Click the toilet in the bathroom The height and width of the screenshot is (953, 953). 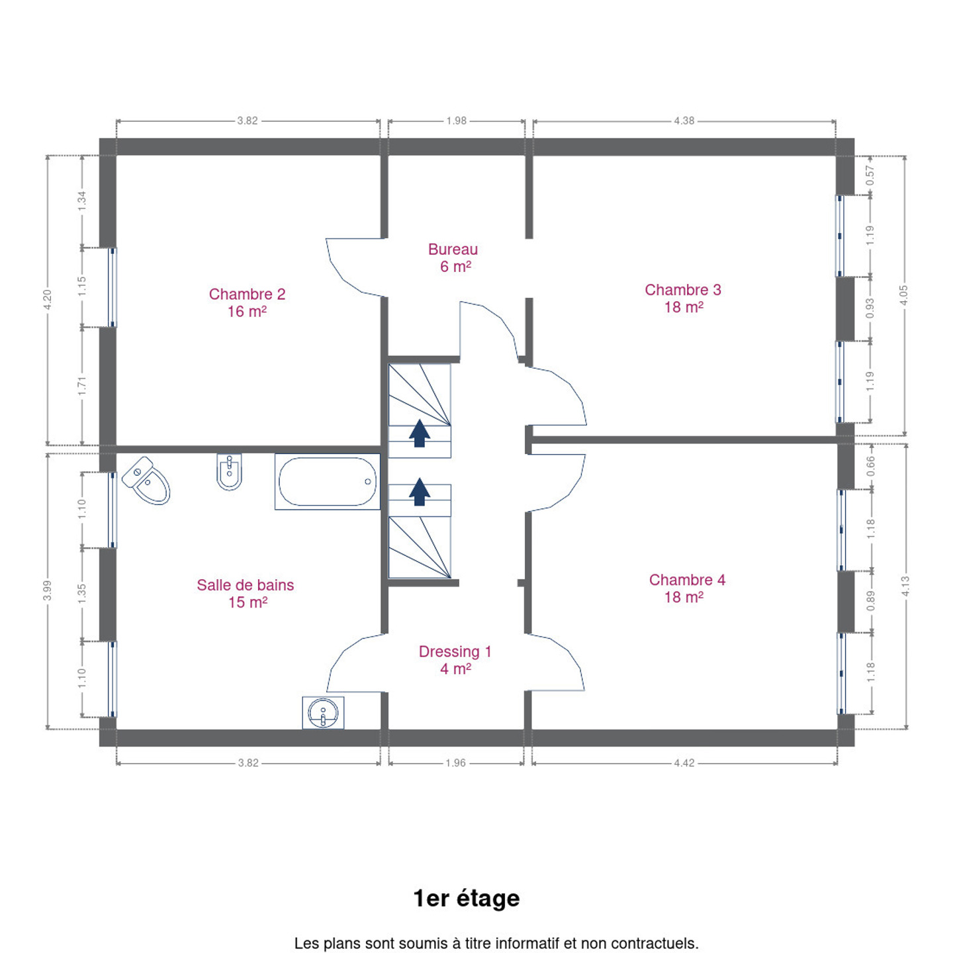146,480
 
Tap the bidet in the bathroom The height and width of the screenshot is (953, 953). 229,472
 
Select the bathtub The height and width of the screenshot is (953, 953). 328,481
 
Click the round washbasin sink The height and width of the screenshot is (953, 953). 323,713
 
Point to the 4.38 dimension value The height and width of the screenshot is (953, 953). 684,120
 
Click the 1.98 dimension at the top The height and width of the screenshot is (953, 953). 456,120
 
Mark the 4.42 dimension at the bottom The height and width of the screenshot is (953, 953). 684,763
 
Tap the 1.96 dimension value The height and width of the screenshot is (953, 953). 455,763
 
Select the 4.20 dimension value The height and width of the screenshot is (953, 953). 48,300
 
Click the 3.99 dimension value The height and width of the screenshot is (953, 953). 48,590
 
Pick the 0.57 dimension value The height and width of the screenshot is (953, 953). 870,175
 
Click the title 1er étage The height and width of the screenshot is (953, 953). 467,899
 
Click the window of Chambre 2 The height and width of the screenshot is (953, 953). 113,287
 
